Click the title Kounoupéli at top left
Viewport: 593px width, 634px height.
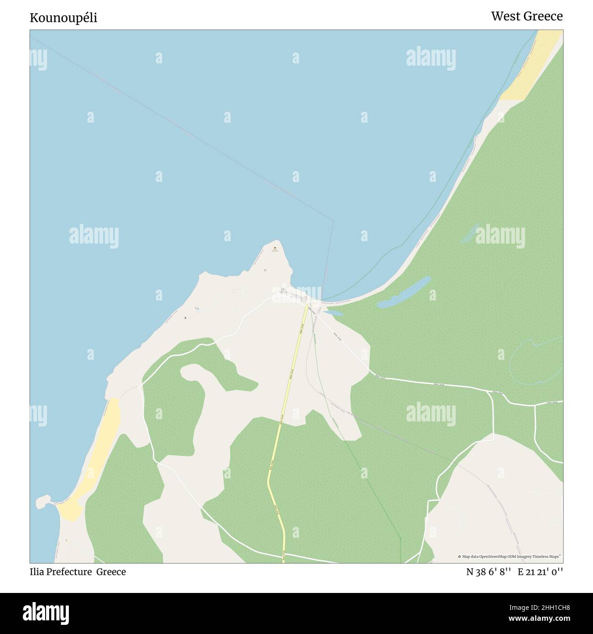point(63,18)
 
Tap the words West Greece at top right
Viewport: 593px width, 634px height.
point(526,16)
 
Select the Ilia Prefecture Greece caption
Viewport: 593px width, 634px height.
point(78,572)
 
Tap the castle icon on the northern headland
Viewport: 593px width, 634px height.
point(275,249)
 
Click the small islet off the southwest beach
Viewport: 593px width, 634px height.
point(42,502)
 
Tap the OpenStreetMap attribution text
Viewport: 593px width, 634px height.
point(510,556)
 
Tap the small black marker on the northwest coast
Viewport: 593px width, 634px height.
point(185,318)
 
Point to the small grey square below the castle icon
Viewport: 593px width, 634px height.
point(265,270)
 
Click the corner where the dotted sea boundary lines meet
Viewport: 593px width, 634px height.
point(333,221)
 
